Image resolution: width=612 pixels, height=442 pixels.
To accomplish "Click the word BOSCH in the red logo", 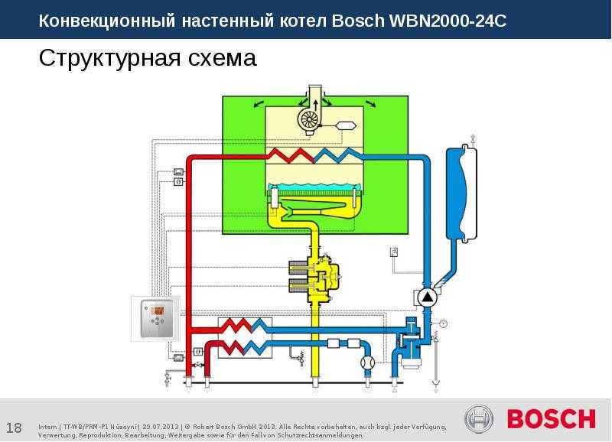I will coord(550,419).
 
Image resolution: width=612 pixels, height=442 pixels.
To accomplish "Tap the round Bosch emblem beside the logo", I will coord(480,419).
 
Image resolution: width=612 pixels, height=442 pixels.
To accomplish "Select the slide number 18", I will coord(14,426).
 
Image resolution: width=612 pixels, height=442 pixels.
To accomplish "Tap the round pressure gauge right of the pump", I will coord(443,323).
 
